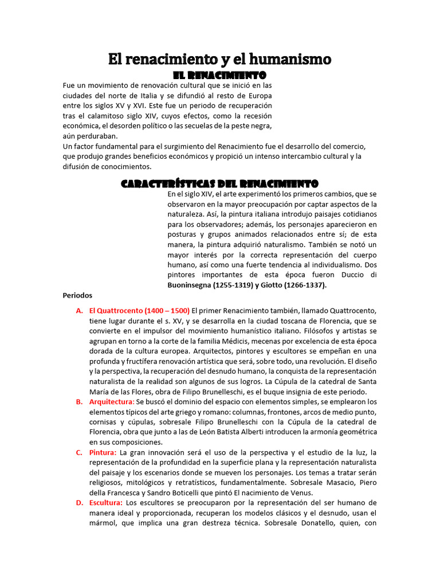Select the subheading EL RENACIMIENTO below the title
pyautogui.click(x=219, y=75)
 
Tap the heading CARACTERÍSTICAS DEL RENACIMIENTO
pyautogui.click(x=219, y=184)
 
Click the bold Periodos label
pyautogui.click(x=77, y=295)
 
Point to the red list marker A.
pyautogui.click(x=80, y=310)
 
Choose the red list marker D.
pyautogui.click(x=80, y=503)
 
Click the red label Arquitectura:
pyautogui.click(x=112, y=402)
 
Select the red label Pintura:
pyautogui.click(x=103, y=452)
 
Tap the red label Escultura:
pyautogui.click(x=106, y=503)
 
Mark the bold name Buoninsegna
pyautogui.click(x=194, y=284)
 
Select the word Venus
pyautogui.click(x=300, y=493)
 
